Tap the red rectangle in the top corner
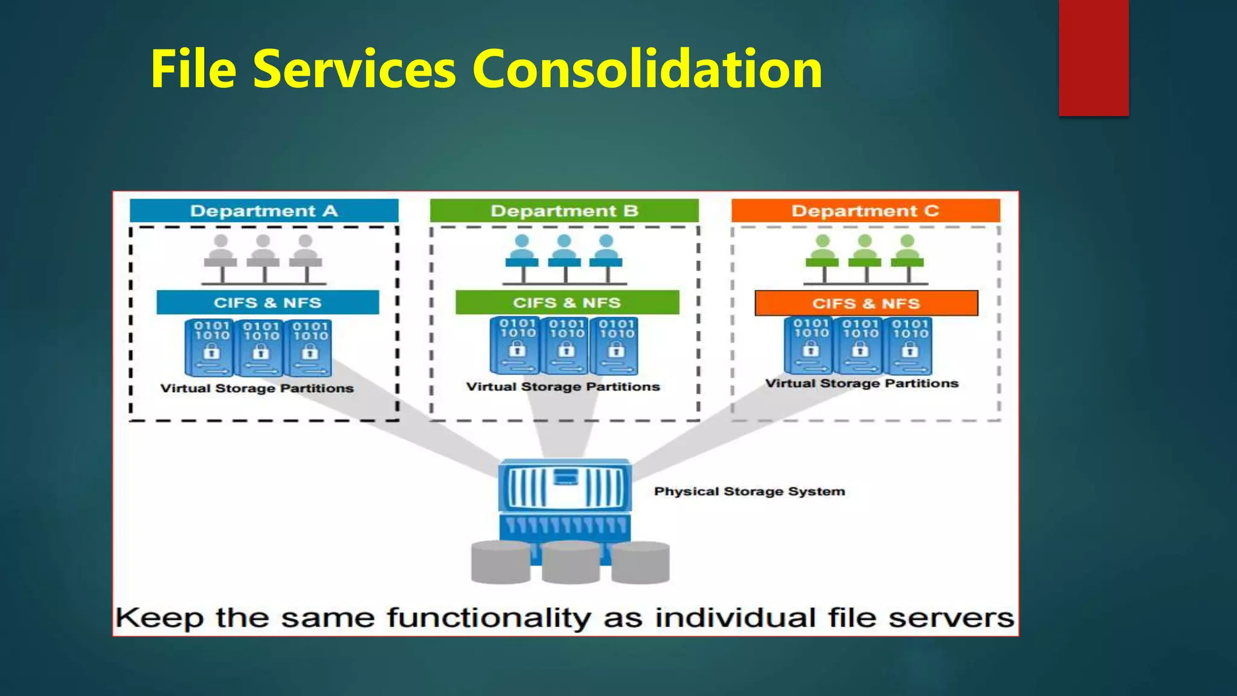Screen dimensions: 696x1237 pos(1093,57)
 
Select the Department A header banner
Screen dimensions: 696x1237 pos(264,211)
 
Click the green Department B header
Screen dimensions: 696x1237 pos(564,211)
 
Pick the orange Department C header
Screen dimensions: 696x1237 pos(865,211)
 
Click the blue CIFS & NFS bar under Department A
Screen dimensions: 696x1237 pos(268,303)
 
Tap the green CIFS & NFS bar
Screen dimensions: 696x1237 pos(567,303)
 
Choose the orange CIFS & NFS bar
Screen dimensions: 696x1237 pos(866,303)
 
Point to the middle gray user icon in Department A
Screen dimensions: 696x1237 pos(263,251)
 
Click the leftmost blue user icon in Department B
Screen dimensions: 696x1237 pos(522,251)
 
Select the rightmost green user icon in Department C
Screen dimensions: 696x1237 pos(907,251)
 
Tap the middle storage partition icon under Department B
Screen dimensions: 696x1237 pos(567,346)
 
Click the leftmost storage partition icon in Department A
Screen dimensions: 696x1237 pos(211,348)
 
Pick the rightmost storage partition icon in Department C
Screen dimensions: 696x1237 pos(909,346)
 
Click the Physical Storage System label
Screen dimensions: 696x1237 pos(749,492)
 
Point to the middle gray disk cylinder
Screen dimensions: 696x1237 pos(571,562)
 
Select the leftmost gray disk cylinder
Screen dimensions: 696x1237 pos(500,562)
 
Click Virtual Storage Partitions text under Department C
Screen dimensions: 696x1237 pos(861,384)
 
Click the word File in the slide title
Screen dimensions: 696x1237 pos(193,69)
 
